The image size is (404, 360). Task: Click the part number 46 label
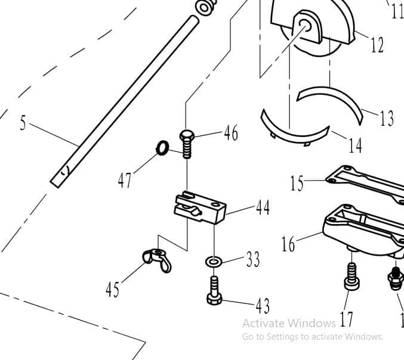230,133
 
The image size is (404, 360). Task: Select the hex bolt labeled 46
186,142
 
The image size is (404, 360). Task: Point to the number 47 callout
125,179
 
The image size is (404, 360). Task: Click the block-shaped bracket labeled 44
199,207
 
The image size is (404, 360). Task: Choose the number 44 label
262,207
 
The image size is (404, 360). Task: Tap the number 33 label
253,259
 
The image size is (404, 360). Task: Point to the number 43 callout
263,306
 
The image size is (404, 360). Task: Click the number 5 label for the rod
23,123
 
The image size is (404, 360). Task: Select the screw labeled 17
350,277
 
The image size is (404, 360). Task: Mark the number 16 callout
289,244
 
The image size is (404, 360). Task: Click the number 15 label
297,183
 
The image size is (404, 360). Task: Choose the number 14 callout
355,145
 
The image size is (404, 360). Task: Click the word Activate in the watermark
263,324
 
